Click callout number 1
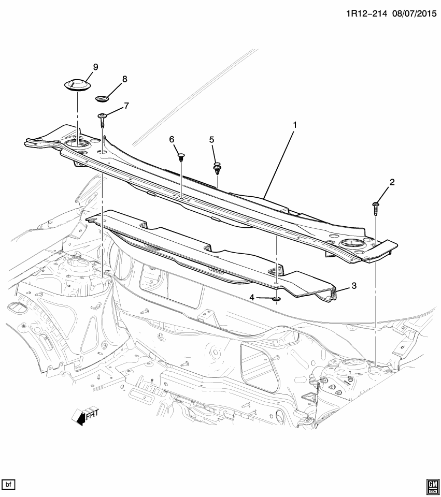coord(294,125)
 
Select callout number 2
coord(392,182)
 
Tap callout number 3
coord(354,285)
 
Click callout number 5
coord(211,139)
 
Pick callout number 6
coord(172,139)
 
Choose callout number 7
coord(126,106)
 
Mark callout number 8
coord(124,79)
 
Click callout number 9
coord(95,66)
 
